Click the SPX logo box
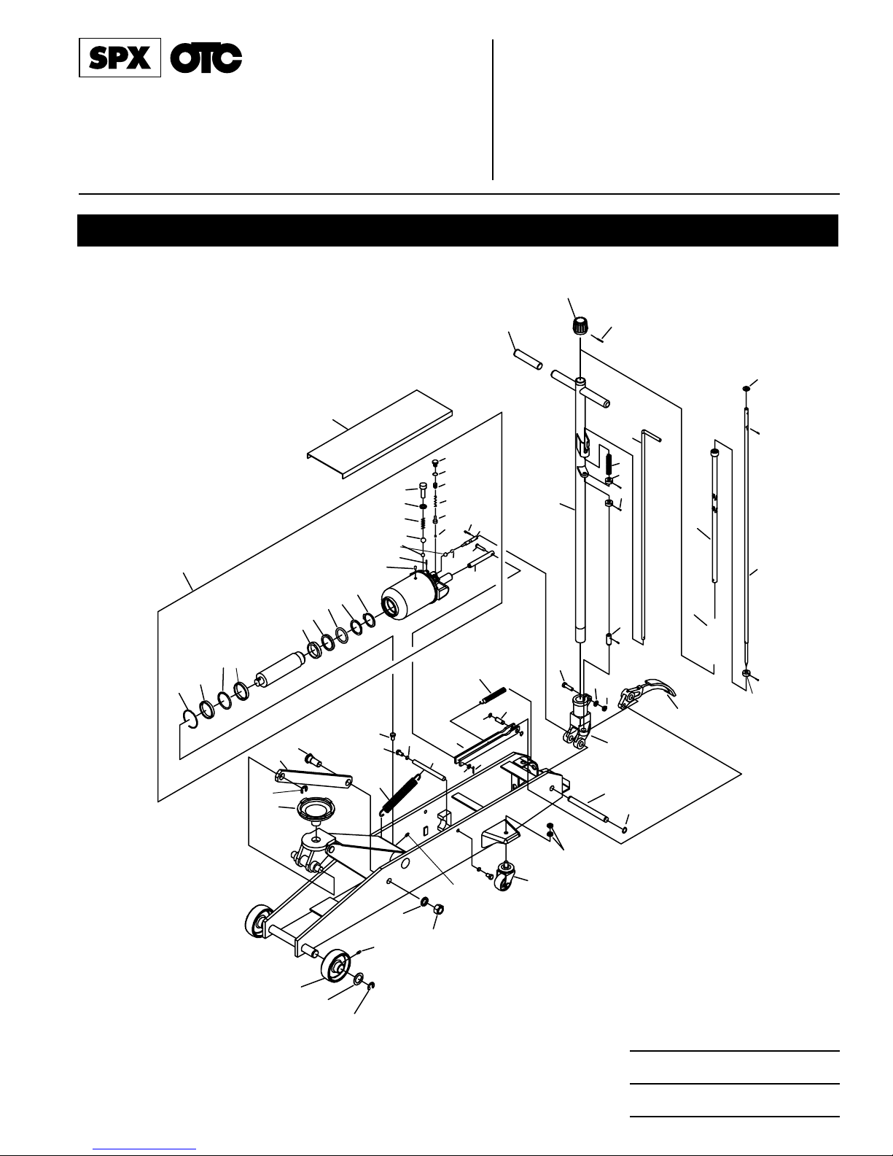click(x=120, y=58)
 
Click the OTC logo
click(x=206, y=58)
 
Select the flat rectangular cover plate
click(x=380, y=433)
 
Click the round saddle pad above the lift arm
click(x=316, y=809)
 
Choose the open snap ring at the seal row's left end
click(x=190, y=718)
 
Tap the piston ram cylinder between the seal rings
click(x=280, y=671)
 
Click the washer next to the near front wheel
click(x=359, y=977)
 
